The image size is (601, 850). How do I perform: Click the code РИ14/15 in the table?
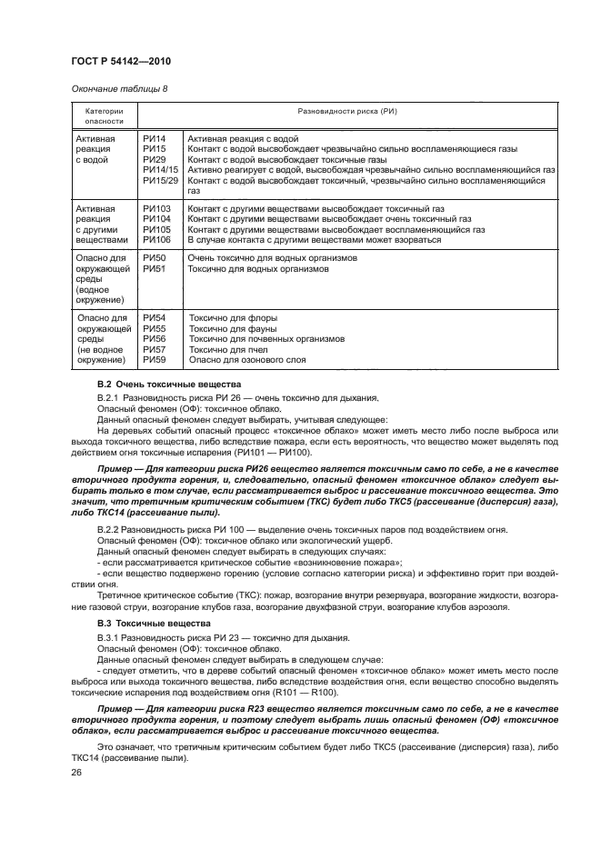coord(160,169)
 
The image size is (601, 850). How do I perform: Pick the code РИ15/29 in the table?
coord(160,180)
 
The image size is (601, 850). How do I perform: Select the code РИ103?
coord(157,209)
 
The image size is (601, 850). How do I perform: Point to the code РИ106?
coord(157,240)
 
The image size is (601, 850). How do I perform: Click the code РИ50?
coord(155,259)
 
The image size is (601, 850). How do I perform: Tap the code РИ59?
coord(155,360)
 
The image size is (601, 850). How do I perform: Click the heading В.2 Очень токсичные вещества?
coord(167,385)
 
